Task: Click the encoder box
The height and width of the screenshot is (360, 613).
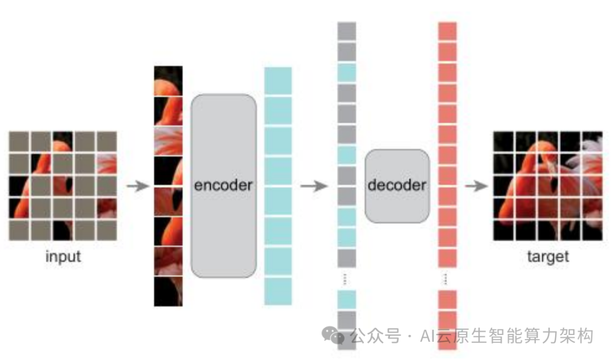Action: click(x=223, y=186)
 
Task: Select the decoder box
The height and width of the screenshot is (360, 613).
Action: click(x=397, y=186)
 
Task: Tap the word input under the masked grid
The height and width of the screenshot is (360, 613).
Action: click(x=63, y=256)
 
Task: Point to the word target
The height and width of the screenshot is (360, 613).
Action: click(x=548, y=256)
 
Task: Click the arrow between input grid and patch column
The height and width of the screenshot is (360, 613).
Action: click(x=137, y=186)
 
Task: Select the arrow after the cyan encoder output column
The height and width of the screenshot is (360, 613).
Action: click(x=314, y=186)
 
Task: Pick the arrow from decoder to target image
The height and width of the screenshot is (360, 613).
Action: click(x=477, y=186)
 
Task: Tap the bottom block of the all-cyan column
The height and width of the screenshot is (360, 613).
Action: click(x=278, y=291)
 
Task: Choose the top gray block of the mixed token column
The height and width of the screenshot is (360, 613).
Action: click(x=347, y=31)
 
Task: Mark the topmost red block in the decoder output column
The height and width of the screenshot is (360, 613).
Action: click(x=447, y=31)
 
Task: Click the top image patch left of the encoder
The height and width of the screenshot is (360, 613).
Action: click(x=169, y=80)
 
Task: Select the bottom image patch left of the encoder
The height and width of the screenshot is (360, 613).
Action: click(x=169, y=291)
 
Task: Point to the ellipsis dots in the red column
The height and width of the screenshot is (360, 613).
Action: click(x=447, y=278)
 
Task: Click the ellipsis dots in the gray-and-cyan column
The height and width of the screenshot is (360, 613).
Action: click(x=347, y=278)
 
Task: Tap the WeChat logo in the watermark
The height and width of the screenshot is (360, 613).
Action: click(x=333, y=336)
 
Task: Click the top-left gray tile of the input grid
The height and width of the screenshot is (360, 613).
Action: click(x=18, y=141)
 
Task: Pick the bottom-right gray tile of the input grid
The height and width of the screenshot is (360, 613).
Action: click(x=107, y=229)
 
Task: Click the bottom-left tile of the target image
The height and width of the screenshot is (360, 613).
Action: click(x=503, y=229)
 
